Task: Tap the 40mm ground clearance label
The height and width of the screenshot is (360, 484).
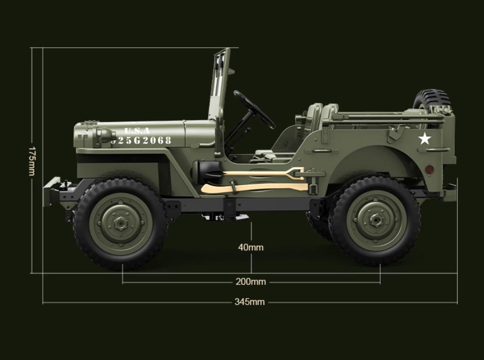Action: click(x=251, y=247)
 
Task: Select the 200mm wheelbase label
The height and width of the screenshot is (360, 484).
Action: click(x=251, y=281)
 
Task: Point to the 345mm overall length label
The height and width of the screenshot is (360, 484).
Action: click(x=250, y=302)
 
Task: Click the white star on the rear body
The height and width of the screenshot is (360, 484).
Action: click(x=425, y=139)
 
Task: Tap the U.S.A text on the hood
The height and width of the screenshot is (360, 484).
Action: click(x=137, y=131)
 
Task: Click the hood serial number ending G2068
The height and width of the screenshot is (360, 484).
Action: click(x=141, y=141)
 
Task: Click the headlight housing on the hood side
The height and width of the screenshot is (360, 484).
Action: click(x=104, y=136)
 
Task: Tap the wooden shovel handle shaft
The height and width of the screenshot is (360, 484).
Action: click(x=257, y=174)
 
